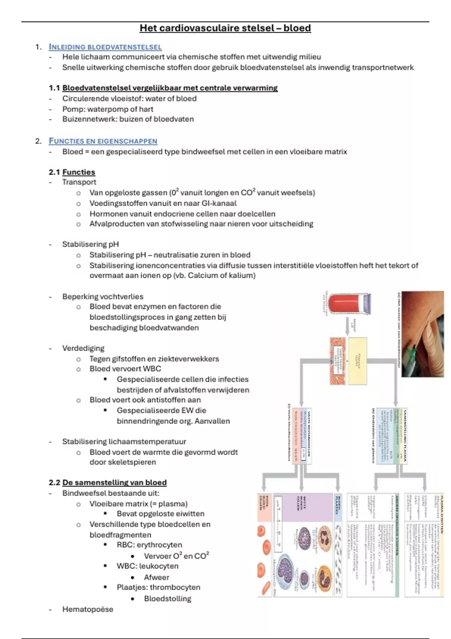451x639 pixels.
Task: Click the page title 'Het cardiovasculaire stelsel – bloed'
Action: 225,28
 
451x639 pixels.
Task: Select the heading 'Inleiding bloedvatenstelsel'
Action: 105,47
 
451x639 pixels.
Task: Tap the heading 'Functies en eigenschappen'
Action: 103,141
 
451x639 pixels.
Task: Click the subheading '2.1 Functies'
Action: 72,172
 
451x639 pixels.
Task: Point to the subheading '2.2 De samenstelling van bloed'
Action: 107,483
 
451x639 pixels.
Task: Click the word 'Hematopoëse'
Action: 88,609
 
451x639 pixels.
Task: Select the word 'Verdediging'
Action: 83,348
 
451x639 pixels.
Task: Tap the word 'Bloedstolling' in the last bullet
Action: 168,598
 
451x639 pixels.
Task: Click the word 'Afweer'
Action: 156,577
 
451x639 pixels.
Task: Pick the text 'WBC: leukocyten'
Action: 147,566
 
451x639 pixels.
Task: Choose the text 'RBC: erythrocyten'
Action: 149,545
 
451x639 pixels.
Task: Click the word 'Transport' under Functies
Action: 79,182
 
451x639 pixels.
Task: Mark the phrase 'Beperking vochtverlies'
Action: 103,297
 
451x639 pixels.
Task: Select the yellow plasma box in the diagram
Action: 357,361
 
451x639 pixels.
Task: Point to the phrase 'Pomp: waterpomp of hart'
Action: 107,109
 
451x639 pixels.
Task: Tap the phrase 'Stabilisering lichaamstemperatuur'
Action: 124,442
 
